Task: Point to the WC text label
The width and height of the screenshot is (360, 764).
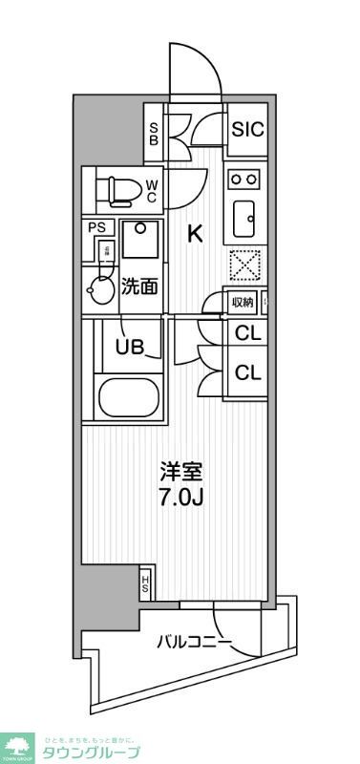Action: (152, 191)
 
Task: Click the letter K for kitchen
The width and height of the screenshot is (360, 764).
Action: (194, 234)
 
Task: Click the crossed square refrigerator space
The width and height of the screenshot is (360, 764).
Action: (244, 264)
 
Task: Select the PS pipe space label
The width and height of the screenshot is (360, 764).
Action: (97, 227)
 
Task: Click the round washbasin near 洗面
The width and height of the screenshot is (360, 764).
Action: (99, 287)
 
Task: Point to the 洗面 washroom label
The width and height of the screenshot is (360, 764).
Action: (139, 286)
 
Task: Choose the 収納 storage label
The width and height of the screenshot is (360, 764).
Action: (243, 303)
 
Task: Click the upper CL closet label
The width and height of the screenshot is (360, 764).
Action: (247, 334)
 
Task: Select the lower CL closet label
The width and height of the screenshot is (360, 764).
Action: (247, 372)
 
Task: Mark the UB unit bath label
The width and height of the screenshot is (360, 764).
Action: (131, 347)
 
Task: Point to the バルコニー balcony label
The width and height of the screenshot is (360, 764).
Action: (194, 642)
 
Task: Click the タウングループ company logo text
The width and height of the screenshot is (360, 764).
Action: (92, 752)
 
